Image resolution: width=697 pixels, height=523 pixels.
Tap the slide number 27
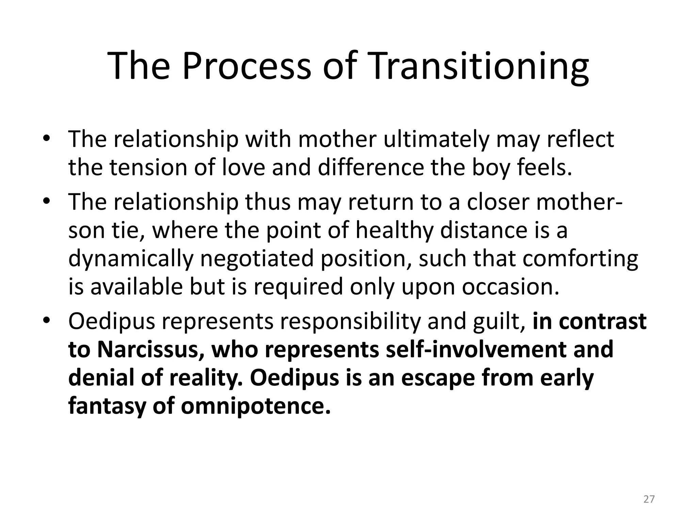(x=649, y=499)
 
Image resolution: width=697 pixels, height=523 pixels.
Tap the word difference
(x=371, y=168)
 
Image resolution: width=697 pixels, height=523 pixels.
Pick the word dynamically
(x=131, y=259)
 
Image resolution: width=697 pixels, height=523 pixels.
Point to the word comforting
(x=580, y=259)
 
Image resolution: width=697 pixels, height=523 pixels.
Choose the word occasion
(x=510, y=287)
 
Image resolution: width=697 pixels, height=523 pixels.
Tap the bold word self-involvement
(x=477, y=350)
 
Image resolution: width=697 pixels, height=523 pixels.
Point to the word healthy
(x=394, y=230)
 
